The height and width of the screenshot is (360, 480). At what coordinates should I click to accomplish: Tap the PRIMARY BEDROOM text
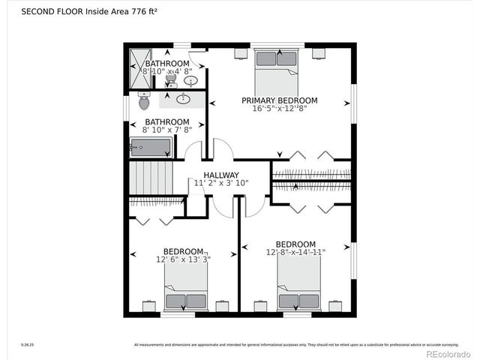tap(279, 100)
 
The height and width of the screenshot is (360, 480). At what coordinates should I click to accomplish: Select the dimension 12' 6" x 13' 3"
tap(183, 259)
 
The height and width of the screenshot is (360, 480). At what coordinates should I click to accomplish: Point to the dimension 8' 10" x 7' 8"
tap(166, 130)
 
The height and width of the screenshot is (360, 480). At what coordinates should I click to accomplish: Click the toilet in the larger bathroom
tap(144, 101)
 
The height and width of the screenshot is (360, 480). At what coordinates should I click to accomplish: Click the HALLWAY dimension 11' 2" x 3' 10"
tap(221, 183)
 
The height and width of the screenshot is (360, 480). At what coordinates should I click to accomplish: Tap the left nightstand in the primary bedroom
tap(240, 53)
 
